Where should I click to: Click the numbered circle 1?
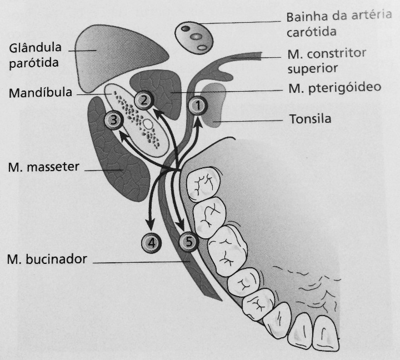198,106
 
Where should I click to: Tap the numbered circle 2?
144,100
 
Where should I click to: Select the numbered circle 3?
114,119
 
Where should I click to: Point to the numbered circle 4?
151,243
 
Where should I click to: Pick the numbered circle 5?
189,241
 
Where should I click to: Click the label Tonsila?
310,119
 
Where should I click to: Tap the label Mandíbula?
41,93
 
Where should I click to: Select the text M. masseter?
44,167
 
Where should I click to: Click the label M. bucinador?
47,259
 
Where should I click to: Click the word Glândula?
35,48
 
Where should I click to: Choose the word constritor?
337,53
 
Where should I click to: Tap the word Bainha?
307,17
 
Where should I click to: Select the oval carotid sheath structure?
194,38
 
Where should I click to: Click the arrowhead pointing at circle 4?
150,224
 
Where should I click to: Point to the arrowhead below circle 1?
198,122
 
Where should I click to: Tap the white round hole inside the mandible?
148,124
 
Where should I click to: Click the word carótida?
312,32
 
